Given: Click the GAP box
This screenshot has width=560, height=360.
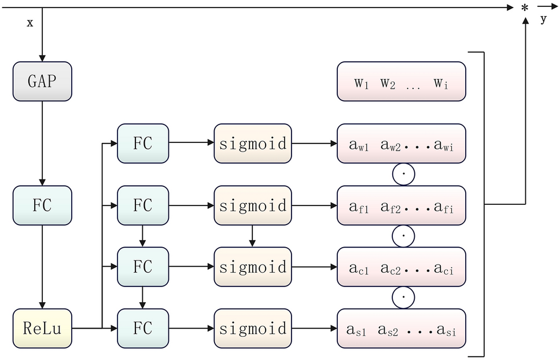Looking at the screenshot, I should coord(42,81).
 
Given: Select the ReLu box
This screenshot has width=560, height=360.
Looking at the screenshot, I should coord(42,329).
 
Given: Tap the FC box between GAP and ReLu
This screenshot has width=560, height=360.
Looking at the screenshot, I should coord(42,205).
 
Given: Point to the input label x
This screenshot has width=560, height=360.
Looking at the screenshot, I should coord(30,23).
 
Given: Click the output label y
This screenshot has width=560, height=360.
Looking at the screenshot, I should coord(543,20).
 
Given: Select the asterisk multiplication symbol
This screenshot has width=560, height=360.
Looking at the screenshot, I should coord(525,8).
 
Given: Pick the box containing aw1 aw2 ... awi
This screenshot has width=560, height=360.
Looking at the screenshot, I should coord(401,144).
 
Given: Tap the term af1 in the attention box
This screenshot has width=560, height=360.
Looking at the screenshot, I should coord(359,205).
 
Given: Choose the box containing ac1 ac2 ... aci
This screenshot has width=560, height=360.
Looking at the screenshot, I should coord(401,267).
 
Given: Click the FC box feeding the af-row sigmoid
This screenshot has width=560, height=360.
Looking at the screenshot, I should coord(143,205).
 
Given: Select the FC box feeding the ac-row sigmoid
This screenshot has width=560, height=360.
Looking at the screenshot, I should coord(143,267).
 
